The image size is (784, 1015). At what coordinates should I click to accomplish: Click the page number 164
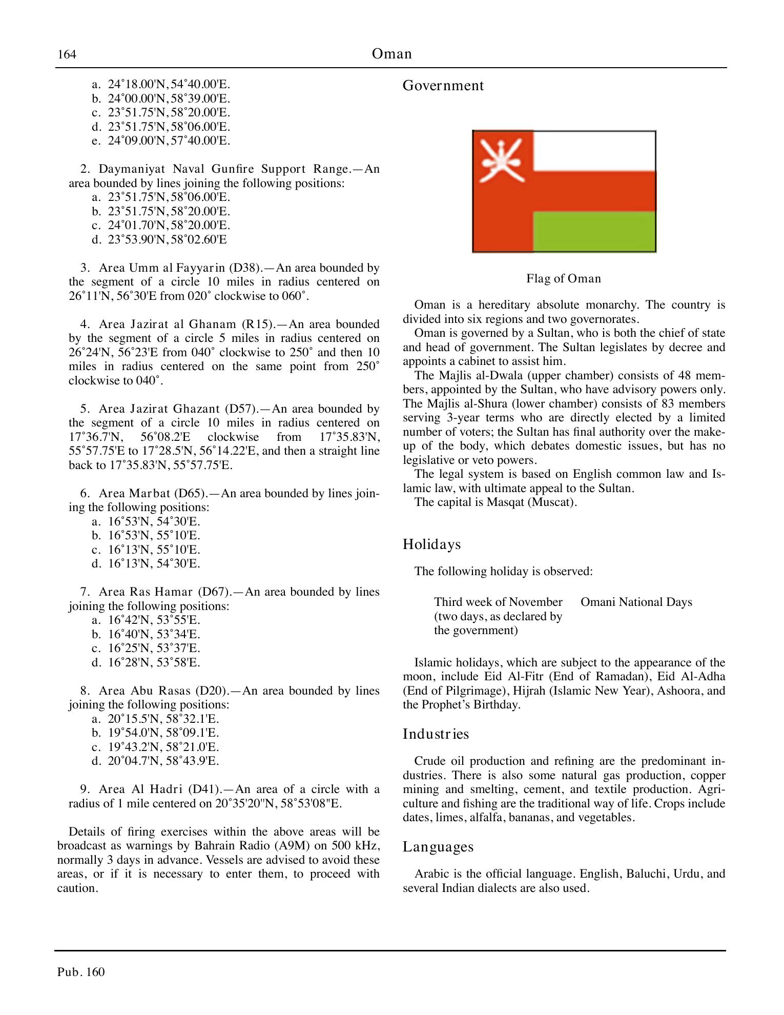pyautogui.click(x=67, y=54)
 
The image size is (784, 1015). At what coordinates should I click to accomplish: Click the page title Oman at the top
pyautogui.click(x=391, y=54)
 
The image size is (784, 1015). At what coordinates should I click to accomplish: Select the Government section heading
pyautogui.click(x=443, y=86)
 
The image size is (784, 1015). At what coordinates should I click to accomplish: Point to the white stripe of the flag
pyautogui.click(x=594, y=151)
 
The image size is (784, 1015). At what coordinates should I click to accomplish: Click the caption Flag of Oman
pyautogui.click(x=563, y=278)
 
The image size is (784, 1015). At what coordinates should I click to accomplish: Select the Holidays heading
pyautogui.click(x=431, y=544)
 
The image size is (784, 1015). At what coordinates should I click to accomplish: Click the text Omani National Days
pyautogui.click(x=636, y=602)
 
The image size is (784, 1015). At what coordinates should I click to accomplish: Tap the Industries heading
pyautogui.click(x=436, y=734)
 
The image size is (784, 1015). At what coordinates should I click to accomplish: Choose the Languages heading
pyautogui.click(x=438, y=846)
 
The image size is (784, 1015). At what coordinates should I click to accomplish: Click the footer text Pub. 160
pyautogui.click(x=81, y=972)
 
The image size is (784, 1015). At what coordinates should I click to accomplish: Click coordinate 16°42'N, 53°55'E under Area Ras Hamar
pyautogui.click(x=154, y=620)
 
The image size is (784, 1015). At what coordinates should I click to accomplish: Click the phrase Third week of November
pyautogui.click(x=498, y=602)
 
